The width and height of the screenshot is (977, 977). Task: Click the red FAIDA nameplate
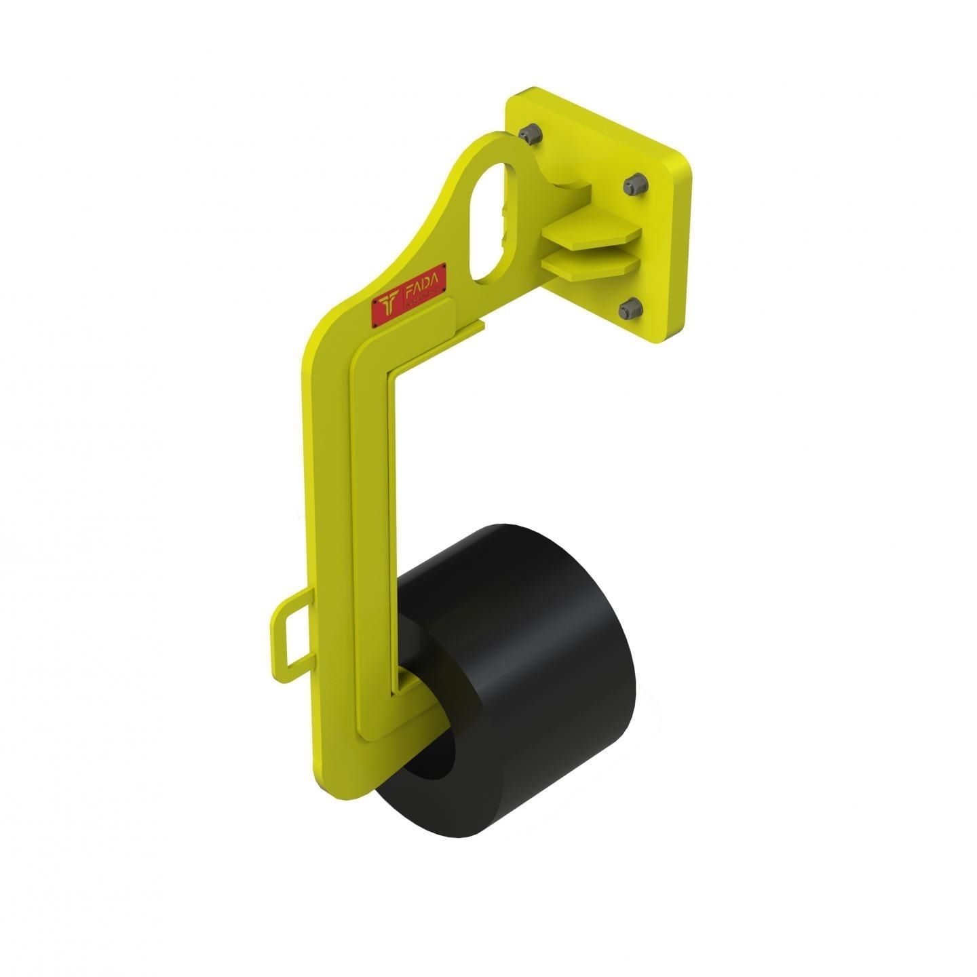click(x=408, y=295)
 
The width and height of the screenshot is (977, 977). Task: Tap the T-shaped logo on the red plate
click(x=389, y=305)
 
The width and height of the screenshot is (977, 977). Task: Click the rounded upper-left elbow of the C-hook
click(x=322, y=346)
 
